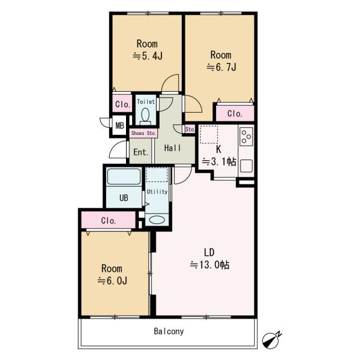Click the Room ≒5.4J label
[x=147, y=50]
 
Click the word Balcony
[x=168, y=331]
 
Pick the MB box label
[x=119, y=125]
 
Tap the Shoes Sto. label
[x=143, y=133]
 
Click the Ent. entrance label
[x=141, y=152]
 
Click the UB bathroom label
[x=123, y=197]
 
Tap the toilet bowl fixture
[x=146, y=116]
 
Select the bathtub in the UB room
[x=123, y=178]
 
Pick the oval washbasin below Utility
[x=157, y=220]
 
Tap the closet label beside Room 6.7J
[x=235, y=113]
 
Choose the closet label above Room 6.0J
[x=109, y=220]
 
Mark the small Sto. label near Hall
[x=190, y=129]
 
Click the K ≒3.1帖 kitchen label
[x=219, y=155]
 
